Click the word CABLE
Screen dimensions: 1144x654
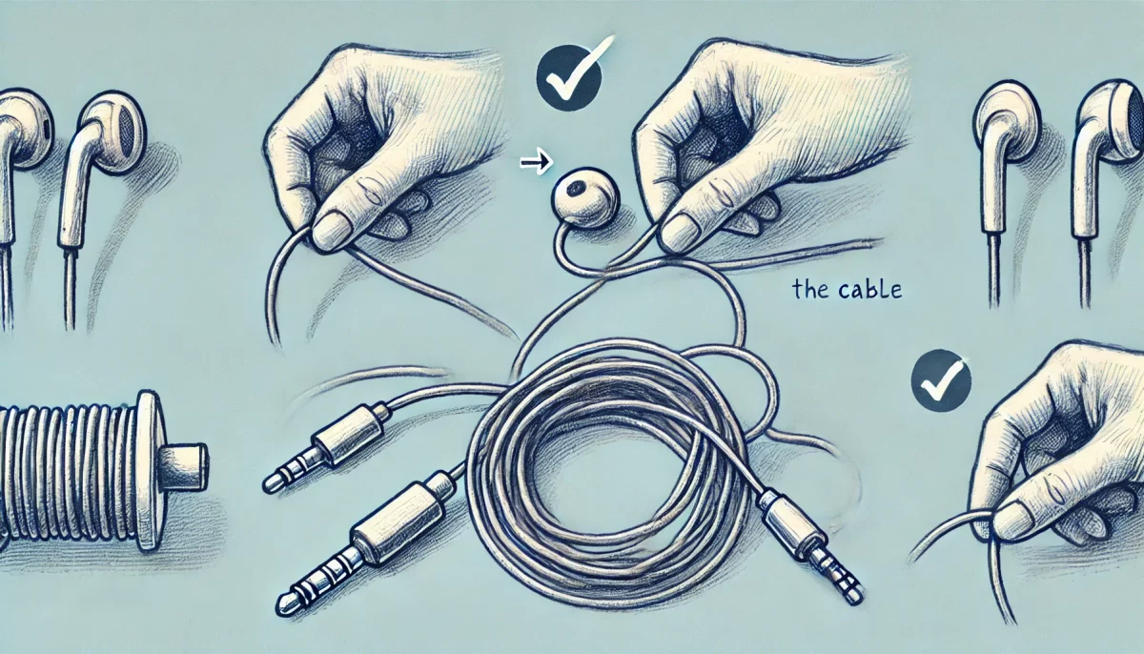[868, 290]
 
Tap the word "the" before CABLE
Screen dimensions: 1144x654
[811, 290]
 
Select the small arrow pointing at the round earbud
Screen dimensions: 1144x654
[536, 162]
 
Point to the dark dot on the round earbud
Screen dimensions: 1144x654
[577, 190]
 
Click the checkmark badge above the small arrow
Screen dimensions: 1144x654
[568, 77]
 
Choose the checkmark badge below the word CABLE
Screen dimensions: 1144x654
[941, 380]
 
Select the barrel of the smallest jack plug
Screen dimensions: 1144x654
[347, 433]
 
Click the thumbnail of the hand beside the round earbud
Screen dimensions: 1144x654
[679, 233]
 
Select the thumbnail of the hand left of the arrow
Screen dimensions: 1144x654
[333, 232]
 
